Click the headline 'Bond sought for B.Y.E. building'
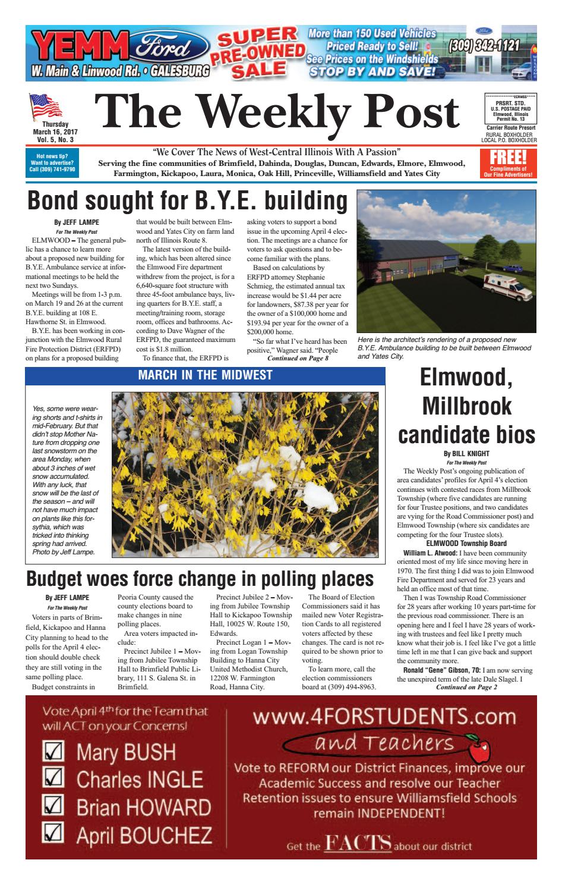[x=187, y=200]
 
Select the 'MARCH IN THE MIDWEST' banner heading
[x=205, y=375]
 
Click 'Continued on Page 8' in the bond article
[x=298, y=359]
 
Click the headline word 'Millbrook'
[x=466, y=407]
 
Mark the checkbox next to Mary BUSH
[x=54, y=752]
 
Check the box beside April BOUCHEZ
[x=54, y=834]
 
